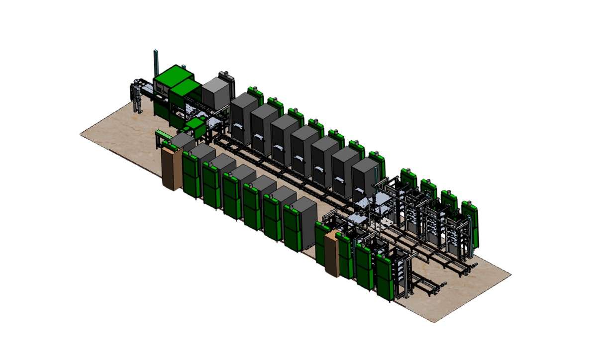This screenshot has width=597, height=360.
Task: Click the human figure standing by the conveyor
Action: click(136, 97)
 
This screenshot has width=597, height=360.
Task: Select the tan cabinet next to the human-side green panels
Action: click(170, 169)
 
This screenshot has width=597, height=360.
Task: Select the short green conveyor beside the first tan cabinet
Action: click(162, 135)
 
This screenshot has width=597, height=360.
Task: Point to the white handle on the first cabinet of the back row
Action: click(238, 125)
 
